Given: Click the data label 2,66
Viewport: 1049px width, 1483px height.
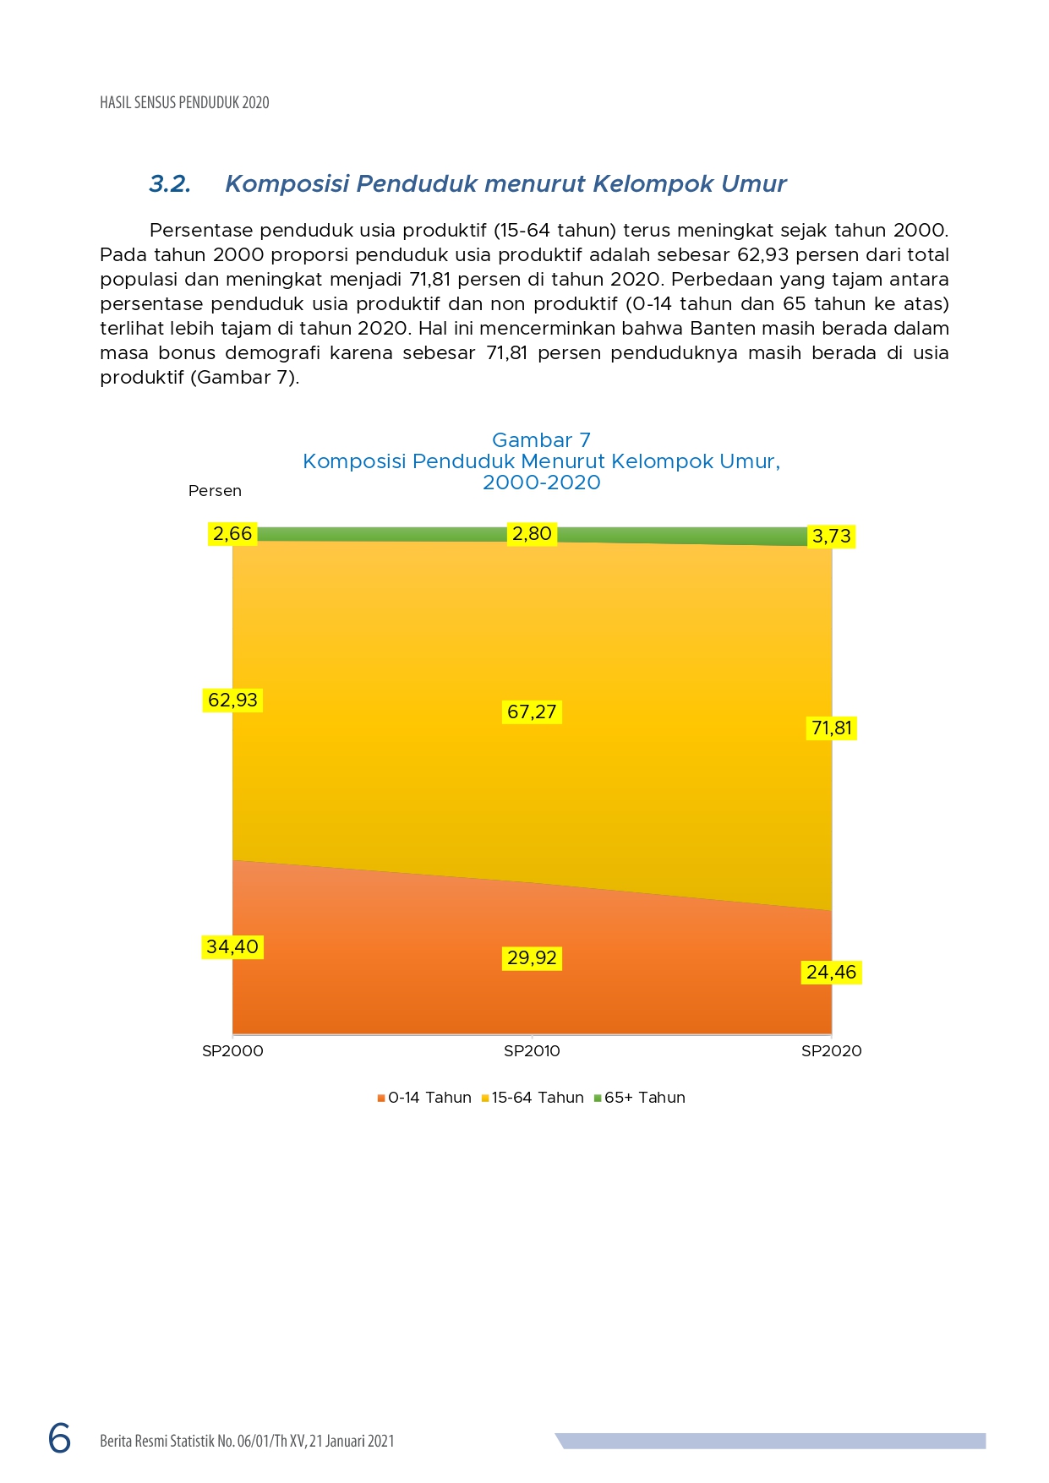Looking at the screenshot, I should tap(232, 533).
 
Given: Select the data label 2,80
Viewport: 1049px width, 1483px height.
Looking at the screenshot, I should tap(532, 533).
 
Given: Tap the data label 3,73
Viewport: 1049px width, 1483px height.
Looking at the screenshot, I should tap(832, 536).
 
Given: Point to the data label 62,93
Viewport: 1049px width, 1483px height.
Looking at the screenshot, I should tap(232, 700).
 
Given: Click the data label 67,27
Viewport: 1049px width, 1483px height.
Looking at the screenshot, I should tap(532, 712).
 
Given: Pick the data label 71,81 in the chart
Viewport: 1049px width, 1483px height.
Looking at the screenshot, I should tap(832, 728).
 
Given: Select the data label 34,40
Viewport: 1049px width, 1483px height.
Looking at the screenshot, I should tap(232, 946).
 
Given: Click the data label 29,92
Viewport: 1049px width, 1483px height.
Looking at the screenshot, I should tap(532, 957).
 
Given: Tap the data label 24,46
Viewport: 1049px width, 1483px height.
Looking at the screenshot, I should tap(832, 972).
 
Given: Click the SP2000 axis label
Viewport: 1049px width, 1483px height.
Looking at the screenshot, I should tap(232, 1051).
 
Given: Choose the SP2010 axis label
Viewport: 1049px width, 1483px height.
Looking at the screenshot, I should tap(532, 1051).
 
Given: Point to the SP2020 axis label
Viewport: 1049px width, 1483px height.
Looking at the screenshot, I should tap(832, 1051).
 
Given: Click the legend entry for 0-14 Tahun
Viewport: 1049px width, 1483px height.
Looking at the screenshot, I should tap(424, 1098).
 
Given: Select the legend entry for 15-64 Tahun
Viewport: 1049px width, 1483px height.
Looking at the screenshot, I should tap(533, 1098).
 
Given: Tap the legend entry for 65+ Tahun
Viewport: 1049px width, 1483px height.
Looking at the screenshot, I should tap(640, 1098).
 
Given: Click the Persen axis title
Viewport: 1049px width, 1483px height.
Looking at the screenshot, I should tap(215, 491).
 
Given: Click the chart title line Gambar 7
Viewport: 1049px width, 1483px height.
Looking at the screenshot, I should tap(541, 440).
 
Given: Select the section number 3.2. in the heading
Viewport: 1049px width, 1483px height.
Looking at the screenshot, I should tap(170, 184).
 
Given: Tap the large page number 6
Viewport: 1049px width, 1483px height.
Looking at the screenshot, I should tap(60, 1438).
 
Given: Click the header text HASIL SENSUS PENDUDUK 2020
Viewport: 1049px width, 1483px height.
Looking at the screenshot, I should tap(184, 103).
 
